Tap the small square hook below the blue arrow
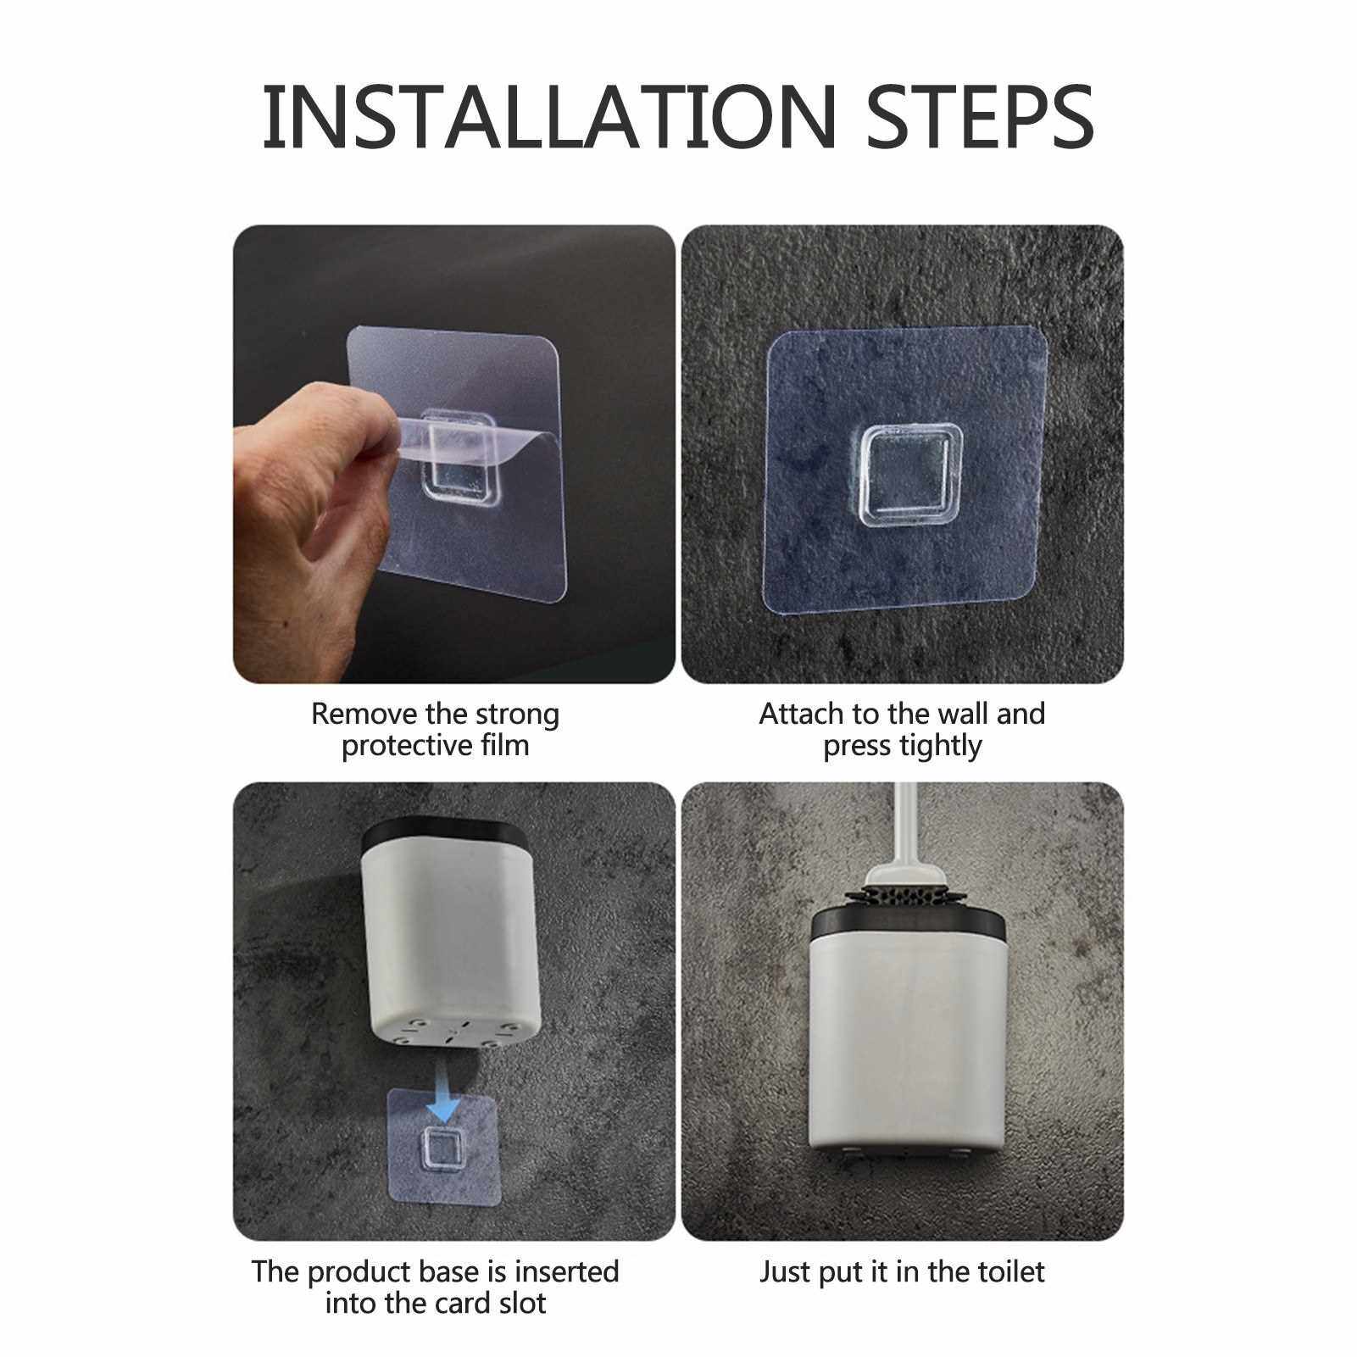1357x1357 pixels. click(440, 1148)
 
